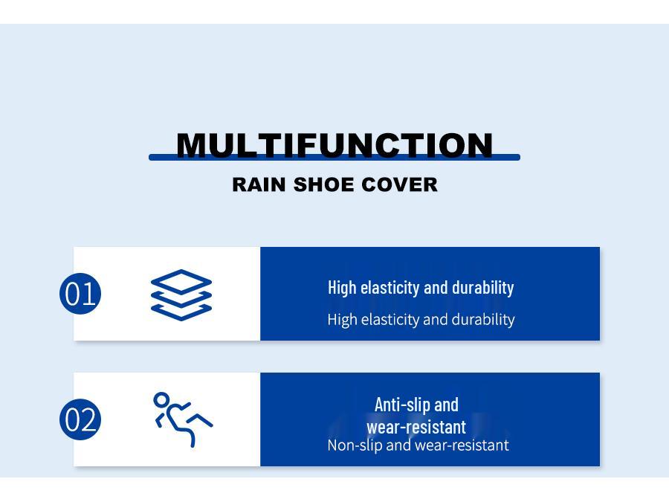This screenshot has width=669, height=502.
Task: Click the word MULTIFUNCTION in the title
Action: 334,145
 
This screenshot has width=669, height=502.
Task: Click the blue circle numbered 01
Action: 80,294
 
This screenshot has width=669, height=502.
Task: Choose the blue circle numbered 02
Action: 80,419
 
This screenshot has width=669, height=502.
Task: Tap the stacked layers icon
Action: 181,295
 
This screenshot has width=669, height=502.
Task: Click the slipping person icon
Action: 182,419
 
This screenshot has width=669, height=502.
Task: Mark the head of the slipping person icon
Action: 161,399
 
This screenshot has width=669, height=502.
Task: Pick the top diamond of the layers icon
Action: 181,282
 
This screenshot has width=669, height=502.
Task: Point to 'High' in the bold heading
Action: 342,288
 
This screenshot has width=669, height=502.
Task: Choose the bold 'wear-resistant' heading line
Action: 416,427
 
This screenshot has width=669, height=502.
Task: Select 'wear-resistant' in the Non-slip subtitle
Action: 462,445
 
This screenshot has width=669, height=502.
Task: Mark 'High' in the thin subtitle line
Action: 342,320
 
